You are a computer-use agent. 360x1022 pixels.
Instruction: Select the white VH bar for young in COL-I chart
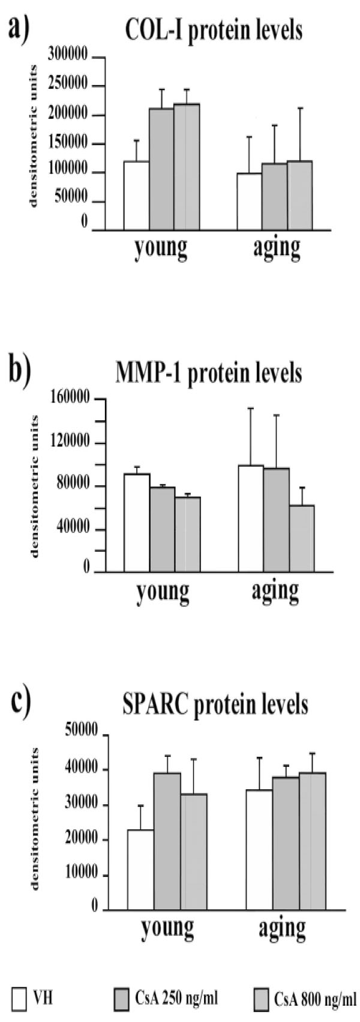pos(136,196)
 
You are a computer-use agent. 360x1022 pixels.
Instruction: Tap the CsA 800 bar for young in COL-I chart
pos(187,167)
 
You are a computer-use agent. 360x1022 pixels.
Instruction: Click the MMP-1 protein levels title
pos(208,373)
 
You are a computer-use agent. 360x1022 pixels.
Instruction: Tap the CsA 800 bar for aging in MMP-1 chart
pos(301,538)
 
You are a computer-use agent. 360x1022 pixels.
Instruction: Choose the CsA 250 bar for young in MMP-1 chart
pos(162,529)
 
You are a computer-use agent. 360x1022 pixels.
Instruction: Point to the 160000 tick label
pos(71,398)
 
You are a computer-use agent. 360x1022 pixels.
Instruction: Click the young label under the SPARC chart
pos(167,928)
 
